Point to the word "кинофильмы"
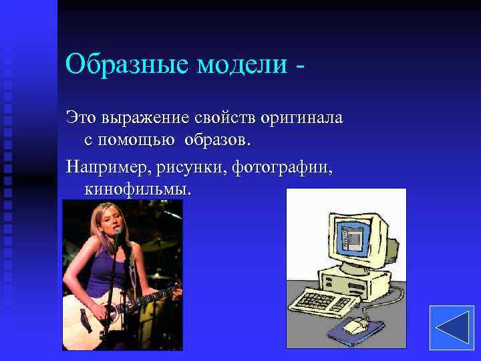tap(138, 189)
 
